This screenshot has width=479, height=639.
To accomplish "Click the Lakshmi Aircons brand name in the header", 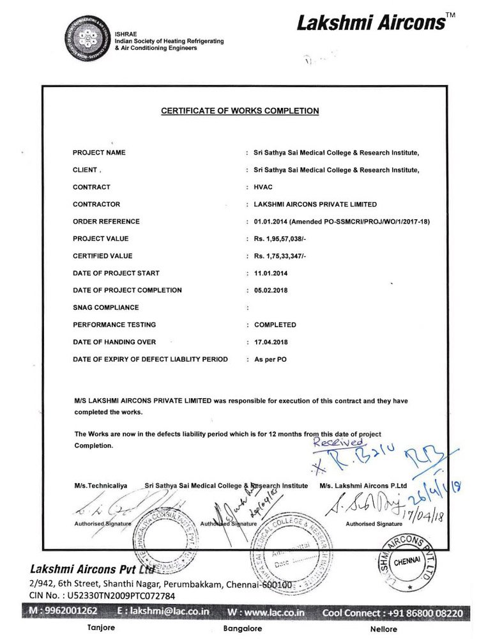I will (371, 24).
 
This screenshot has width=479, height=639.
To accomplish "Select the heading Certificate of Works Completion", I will (240, 111).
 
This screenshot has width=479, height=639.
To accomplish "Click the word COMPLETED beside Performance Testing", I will (275, 325).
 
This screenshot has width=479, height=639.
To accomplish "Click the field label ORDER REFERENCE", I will (106, 222).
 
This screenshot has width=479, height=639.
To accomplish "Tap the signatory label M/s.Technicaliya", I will (100, 486).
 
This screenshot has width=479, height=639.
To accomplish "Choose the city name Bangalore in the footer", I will (243, 629).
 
